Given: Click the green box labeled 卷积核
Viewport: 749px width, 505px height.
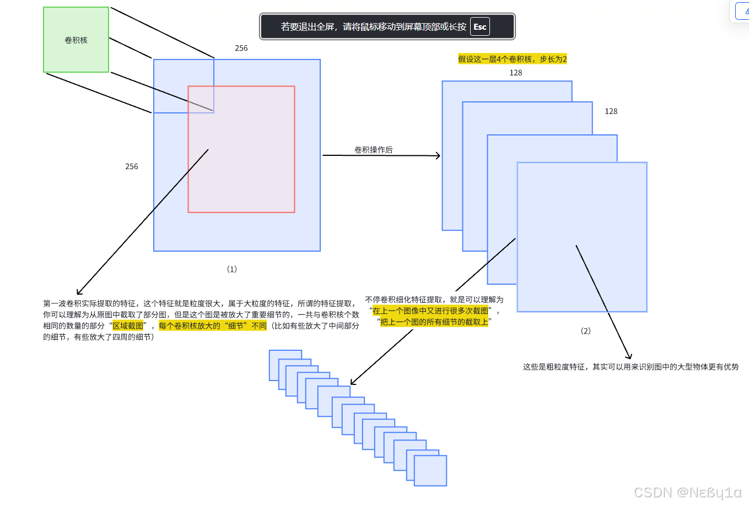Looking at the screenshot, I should pos(76,40).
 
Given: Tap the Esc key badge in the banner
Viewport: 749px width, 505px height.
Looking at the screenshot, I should pos(479,26).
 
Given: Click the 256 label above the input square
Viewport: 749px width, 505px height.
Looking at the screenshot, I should pos(241,48).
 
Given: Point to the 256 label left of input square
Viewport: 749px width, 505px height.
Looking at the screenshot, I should pos(132,166).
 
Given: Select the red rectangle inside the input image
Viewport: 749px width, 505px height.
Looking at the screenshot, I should pos(241,165).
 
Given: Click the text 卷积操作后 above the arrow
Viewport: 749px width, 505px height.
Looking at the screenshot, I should pos(373,150).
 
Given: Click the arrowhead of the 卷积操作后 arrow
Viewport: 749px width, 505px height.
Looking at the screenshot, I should pos(438,156).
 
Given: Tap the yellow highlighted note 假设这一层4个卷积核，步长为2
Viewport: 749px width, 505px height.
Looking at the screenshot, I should pos(513,59).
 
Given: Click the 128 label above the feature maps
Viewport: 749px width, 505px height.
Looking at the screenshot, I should pos(516,73).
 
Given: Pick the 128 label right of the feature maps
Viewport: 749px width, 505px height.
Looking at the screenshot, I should pos(611,111).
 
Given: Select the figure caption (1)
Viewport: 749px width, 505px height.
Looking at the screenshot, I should pos(232,269).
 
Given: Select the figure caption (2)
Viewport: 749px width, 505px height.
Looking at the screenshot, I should pos(586,331).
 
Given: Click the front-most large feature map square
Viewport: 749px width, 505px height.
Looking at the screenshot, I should pos(582,237).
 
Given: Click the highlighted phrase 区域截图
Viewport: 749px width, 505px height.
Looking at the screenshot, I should pos(128,326).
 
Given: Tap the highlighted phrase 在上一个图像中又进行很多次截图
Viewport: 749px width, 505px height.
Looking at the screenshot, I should pos(430,311).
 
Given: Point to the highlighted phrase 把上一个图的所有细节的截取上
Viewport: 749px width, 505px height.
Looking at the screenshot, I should pos(434,322).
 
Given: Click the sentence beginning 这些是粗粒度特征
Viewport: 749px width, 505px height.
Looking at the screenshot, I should pos(631,367).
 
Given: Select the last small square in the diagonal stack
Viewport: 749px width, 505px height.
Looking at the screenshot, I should pos(430,471).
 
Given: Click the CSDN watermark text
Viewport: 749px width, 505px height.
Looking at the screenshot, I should pos(688,492).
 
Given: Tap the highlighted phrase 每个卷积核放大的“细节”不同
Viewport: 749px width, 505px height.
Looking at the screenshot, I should pos(213,326).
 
